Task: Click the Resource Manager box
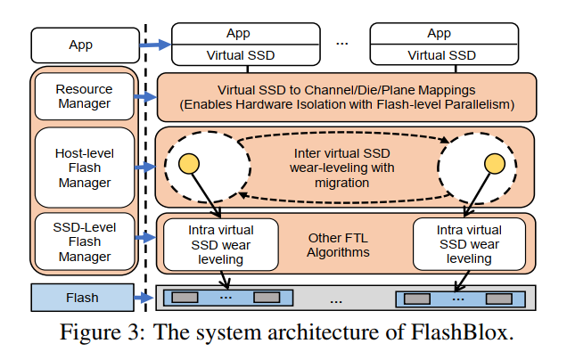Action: click(85, 96)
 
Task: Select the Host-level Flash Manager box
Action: click(85, 168)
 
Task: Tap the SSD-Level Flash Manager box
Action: click(85, 241)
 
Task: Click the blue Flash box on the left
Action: click(82, 298)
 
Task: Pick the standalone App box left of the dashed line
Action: click(85, 45)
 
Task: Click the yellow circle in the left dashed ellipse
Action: click(189, 164)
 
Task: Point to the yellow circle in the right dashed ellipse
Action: click(494, 163)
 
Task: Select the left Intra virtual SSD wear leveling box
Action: click(220, 244)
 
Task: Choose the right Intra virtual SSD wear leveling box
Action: click(469, 244)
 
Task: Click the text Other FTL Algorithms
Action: click(338, 245)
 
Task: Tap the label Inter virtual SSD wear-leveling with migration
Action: click(342, 168)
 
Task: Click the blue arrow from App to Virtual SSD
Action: click(155, 45)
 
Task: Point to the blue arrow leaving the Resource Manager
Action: click(145, 96)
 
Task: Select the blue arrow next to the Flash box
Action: click(144, 298)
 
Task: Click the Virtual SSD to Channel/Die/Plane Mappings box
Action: click(347, 97)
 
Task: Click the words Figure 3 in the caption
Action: click(103, 332)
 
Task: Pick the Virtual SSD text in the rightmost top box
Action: click(441, 55)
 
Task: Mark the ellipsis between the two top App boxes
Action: click(341, 44)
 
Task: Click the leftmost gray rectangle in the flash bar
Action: click(185, 298)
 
